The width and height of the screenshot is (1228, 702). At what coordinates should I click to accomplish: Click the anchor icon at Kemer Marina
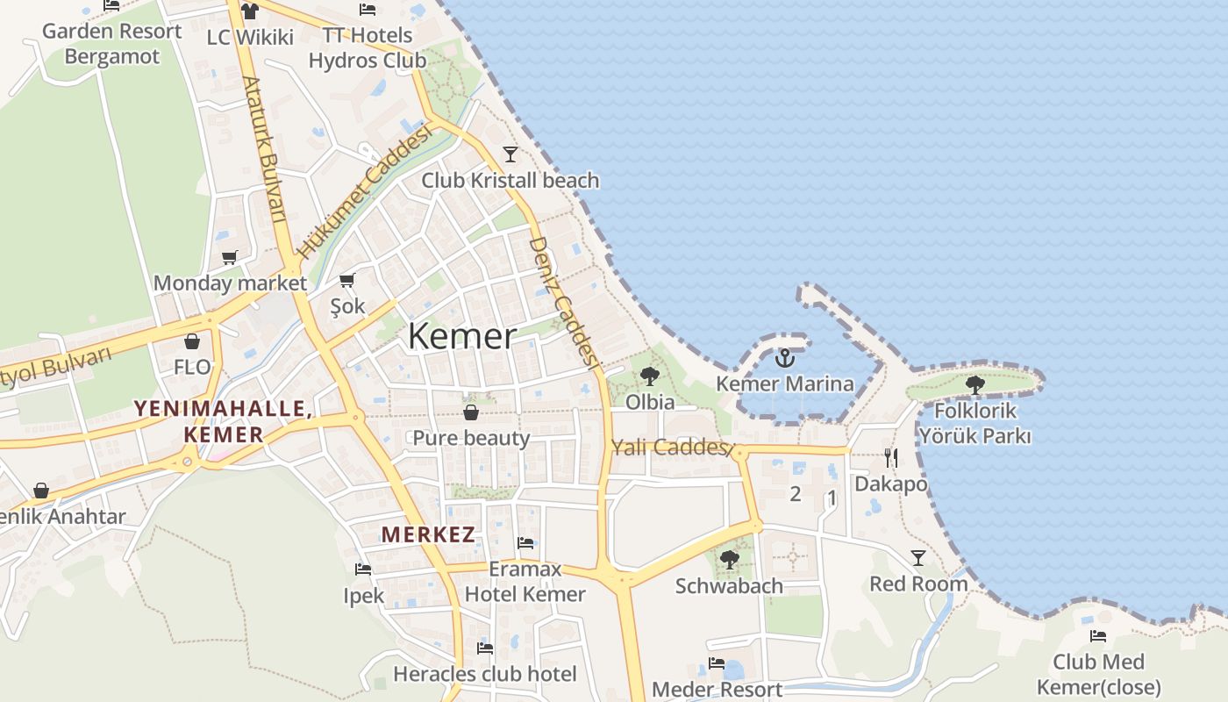(x=785, y=358)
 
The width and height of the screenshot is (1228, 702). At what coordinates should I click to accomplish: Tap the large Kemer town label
(x=462, y=336)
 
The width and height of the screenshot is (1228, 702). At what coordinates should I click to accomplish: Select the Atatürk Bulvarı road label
(x=264, y=149)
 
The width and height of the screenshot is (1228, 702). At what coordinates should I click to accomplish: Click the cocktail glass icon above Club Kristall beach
(x=510, y=154)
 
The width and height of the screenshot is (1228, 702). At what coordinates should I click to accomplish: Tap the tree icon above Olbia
(x=650, y=376)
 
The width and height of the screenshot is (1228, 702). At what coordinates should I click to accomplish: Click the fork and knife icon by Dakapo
(x=891, y=457)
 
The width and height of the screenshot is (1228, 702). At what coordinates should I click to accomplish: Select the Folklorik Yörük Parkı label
(x=975, y=423)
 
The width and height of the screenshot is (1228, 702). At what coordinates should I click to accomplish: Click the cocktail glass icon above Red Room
(x=918, y=557)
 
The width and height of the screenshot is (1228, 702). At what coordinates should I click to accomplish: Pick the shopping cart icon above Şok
(x=347, y=281)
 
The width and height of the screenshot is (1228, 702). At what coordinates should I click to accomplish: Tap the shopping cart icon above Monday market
(x=230, y=257)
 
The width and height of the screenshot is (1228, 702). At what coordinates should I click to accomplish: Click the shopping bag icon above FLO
(x=192, y=341)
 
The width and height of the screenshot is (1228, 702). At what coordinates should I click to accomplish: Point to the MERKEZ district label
(x=428, y=534)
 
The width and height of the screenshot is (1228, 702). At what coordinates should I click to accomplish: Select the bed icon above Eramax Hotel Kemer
(x=525, y=542)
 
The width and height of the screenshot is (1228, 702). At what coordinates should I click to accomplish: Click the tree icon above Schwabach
(x=729, y=559)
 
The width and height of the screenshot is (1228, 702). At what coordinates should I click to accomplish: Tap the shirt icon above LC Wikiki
(x=250, y=11)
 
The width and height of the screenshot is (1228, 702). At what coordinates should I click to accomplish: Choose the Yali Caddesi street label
(x=671, y=448)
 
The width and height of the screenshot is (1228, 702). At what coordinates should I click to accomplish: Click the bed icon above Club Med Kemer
(x=1097, y=635)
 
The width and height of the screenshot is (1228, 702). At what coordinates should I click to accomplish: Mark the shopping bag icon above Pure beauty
(x=471, y=412)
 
